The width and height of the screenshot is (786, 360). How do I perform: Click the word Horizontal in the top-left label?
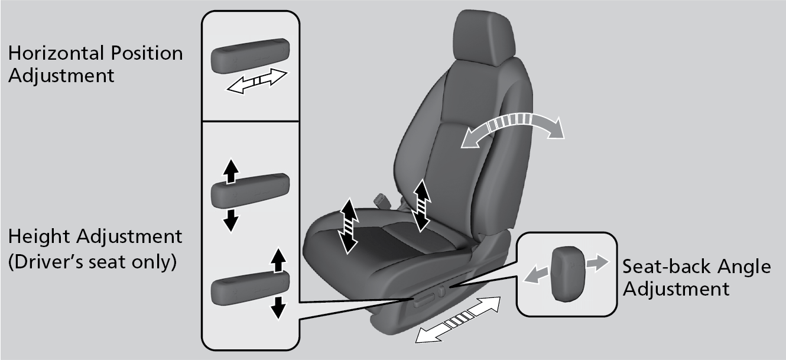click(56, 53)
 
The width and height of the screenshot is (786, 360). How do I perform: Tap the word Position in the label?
click(147, 53)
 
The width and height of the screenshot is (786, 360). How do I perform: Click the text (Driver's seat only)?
click(93, 262)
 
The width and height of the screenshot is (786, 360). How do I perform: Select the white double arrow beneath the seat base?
click(458, 320)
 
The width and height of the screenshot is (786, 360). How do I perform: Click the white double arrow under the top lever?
click(257, 81)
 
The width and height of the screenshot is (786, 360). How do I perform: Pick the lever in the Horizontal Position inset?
click(250, 56)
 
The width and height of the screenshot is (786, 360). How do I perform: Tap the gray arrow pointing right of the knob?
click(597, 263)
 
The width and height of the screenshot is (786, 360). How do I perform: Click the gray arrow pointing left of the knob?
click(535, 274)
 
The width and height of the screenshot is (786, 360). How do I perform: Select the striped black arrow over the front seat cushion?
click(349, 226)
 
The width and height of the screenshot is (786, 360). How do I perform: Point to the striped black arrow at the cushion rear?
click(421, 205)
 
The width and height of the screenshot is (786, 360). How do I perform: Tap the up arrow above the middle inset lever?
click(231, 171)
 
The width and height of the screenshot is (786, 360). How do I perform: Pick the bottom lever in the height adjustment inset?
click(250, 288)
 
